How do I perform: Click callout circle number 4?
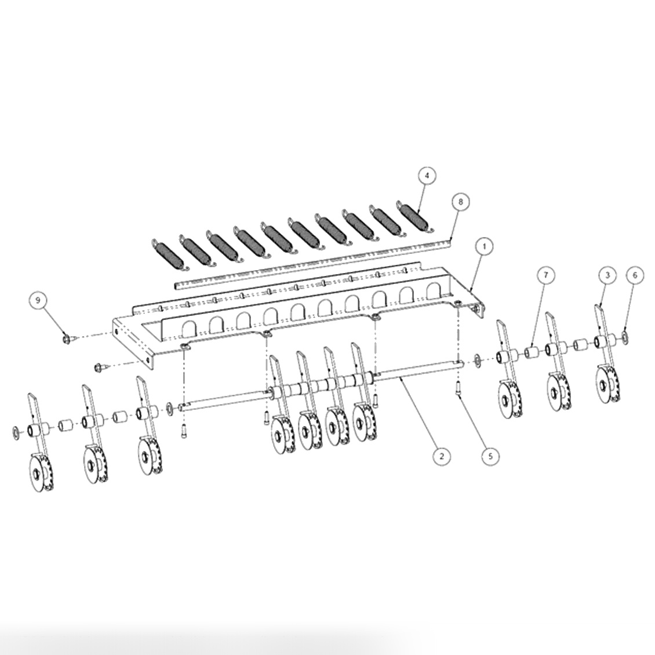coord(427,176)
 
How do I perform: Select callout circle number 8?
coord(460,202)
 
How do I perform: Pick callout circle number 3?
coord(607,275)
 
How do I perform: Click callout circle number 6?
coord(634,275)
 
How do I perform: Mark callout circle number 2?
coord(442,456)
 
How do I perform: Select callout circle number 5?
coord(490,456)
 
